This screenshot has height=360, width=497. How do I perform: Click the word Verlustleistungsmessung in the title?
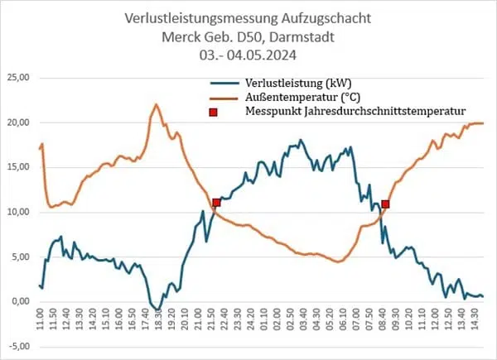pos(197,17)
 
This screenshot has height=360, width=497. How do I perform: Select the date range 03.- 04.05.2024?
pos(249,56)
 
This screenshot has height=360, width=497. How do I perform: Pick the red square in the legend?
pos(213,110)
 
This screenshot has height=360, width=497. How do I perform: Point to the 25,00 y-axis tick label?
pos(18,78)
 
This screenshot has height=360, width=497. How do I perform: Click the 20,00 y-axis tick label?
pos(18,122)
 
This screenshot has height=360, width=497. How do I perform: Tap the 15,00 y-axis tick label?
pos(18,167)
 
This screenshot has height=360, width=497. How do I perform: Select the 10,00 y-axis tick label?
pos(18,212)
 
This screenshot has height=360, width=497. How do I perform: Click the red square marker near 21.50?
pos(216,203)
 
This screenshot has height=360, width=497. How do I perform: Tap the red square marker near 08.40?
pos(385,204)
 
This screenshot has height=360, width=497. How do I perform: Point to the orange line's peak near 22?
pos(156,104)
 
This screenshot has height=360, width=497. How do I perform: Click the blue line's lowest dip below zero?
pos(157,310)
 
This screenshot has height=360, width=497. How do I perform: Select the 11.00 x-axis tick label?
pos(40,319)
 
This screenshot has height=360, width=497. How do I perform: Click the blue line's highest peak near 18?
pos(301,140)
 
